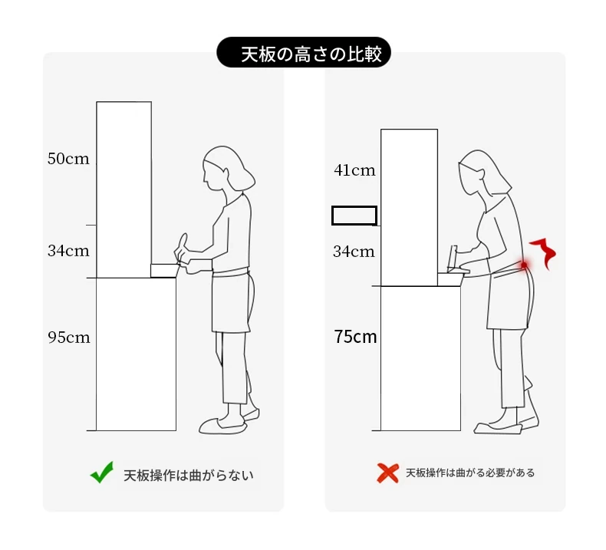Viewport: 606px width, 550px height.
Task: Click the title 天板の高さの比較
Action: point(311,54)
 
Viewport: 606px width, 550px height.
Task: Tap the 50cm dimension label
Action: point(68,159)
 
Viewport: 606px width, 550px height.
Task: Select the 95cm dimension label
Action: point(69,338)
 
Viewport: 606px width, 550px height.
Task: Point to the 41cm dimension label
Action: point(354,170)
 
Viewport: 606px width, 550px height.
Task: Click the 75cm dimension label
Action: point(355,337)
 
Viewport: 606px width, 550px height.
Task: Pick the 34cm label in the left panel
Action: point(68,251)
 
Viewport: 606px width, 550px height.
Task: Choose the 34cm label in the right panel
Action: point(354,252)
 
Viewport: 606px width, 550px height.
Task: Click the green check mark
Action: point(102,472)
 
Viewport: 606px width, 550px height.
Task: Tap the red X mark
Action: point(387,473)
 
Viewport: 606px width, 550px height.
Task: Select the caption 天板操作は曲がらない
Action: point(189,476)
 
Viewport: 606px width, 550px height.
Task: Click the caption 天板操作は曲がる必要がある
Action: point(470,473)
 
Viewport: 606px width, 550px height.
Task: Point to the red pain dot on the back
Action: point(524,265)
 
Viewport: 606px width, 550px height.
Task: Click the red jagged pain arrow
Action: point(544,253)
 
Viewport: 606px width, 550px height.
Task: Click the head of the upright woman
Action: point(228,169)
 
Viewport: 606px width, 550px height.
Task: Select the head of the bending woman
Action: point(483,173)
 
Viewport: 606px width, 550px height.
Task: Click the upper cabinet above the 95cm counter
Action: point(124,189)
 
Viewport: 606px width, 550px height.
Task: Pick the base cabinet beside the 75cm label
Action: point(420,358)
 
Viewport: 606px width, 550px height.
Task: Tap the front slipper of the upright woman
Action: point(223,426)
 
